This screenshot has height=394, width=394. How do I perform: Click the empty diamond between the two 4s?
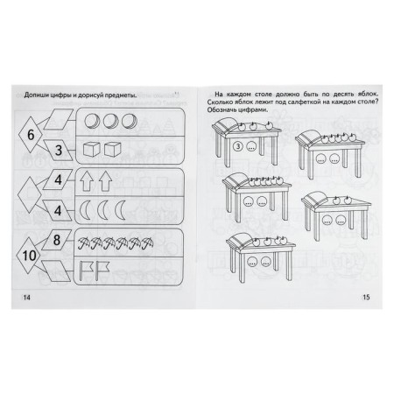[32, 195]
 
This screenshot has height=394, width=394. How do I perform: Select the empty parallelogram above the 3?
[59, 120]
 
